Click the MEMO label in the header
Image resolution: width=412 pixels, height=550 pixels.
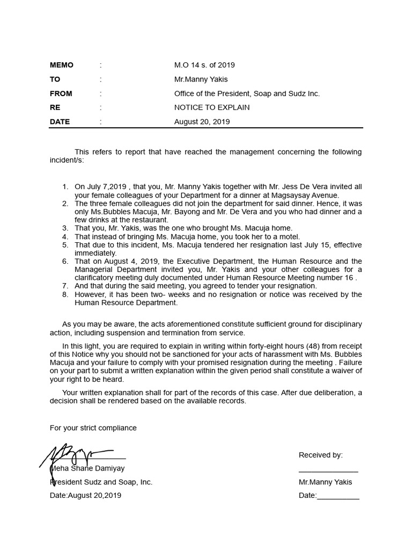click(x=62, y=65)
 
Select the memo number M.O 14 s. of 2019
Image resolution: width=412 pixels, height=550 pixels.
click(x=204, y=65)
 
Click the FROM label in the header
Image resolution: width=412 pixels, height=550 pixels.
click(x=61, y=93)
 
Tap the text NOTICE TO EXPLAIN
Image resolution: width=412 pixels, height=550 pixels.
click(x=212, y=107)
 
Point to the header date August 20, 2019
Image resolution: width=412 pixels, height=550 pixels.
click(x=202, y=121)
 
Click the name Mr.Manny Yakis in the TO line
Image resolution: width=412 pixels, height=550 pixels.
click(x=201, y=79)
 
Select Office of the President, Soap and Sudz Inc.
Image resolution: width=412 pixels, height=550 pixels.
click(x=247, y=93)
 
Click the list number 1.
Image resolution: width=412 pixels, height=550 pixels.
click(x=65, y=187)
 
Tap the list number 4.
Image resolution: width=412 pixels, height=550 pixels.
click(x=65, y=236)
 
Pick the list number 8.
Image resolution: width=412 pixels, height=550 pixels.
click(x=65, y=294)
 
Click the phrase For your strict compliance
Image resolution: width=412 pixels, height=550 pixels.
click(x=93, y=428)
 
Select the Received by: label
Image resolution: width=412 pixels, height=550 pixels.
click(x=320, y=455)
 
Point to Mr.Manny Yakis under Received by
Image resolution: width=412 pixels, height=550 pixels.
click(x=325, y=482)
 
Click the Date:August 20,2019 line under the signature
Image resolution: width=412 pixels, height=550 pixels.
click(x=85, y=495)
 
